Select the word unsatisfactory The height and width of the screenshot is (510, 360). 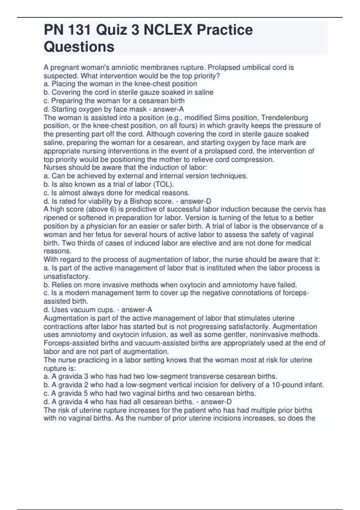tap(67, 276)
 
